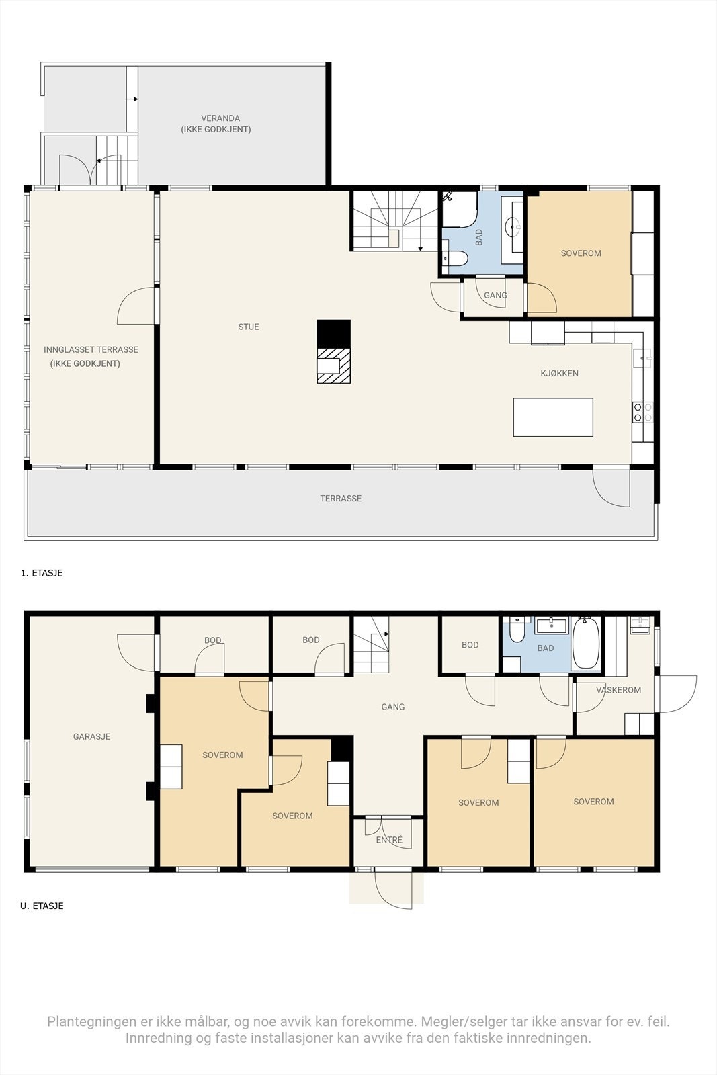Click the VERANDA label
point(220,118)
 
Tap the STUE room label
point(249,327)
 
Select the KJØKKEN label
point(560,374)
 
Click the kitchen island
point(553,417)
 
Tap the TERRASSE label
point(341,499)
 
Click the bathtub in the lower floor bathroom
point(585,643)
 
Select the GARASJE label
point(91,736)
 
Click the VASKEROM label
point(619,690)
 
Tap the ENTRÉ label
point(389,840)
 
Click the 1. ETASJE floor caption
point(42,573)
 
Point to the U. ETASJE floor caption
point(42,906)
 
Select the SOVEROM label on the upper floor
point(581,253)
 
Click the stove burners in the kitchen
point(643,413)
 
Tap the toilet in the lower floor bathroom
point(516,630)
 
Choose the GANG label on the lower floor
point(393,707)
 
